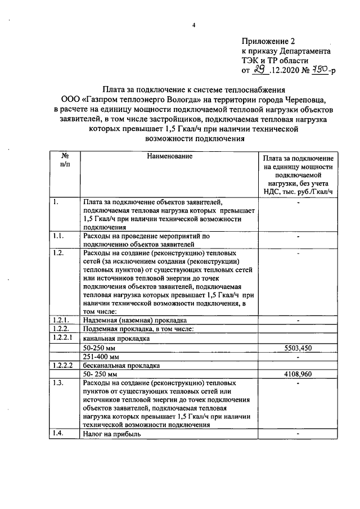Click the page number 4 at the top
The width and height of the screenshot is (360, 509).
(x=193, y=25)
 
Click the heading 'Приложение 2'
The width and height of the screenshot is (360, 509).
(x=268, y=41)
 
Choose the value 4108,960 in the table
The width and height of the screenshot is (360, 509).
(x=298, y=373)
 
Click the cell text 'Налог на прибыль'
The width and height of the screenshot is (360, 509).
(x=112, y=434)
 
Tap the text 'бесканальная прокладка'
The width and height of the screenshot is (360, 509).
(x=120, y=365)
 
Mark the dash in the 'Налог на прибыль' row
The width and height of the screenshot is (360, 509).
(x=298, y=434)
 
